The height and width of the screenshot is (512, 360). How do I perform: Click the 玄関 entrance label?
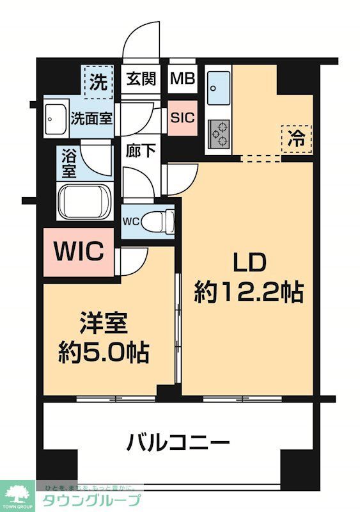[140, 79]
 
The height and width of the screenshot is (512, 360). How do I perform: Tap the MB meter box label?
[184, 79]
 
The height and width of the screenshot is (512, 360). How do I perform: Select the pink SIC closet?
[182, 118]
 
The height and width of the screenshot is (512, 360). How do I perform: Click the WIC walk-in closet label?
[78, 252]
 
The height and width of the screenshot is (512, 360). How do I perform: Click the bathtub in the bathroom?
[85, 202]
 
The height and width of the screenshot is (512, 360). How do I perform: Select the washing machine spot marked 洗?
[98, 82]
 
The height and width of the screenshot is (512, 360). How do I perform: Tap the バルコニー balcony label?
[178, 442]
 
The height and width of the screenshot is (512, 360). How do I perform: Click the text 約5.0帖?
[104, 351]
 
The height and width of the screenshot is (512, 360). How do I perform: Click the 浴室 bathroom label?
[68, 163]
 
